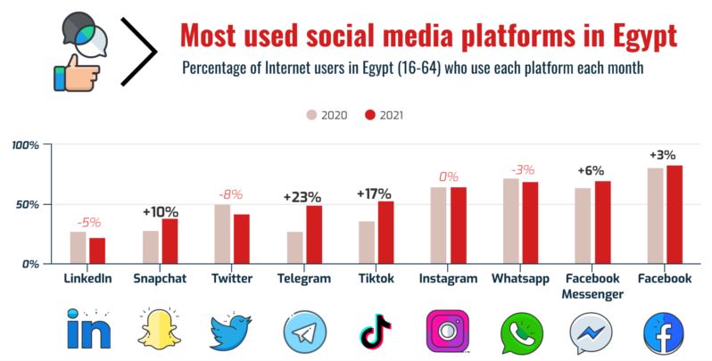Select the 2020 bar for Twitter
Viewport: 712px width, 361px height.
coord(222,234)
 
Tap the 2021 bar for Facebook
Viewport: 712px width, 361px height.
coord(675,214)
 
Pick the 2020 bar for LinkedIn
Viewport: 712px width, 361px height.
coord(79,247)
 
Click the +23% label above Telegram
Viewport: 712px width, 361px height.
coord(301,196)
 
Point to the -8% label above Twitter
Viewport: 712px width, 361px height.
coord(231,193)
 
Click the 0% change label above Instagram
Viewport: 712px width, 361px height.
coord(448,176)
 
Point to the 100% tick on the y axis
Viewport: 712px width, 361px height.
coord(24,144)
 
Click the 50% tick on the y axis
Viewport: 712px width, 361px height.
coord(27,204)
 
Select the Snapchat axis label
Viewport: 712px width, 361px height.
coord(160,279)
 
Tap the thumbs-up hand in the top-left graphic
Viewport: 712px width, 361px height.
coord(70,72)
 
